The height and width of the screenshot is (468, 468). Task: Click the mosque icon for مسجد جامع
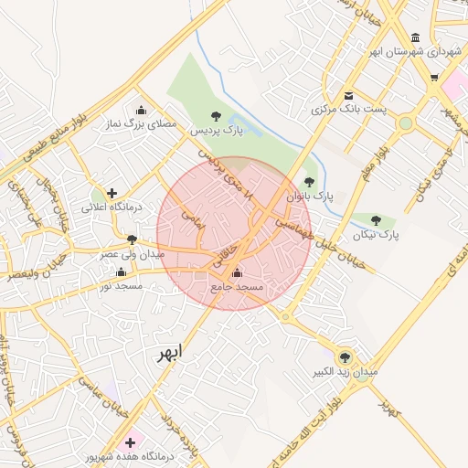tap(238, 272)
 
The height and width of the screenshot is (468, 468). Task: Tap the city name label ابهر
tap(170, 353)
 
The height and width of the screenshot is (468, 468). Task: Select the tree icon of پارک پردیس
tap(216, 116)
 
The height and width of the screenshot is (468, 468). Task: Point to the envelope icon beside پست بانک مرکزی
tap(348, 95)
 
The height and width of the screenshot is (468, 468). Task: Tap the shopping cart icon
tap(434, 78)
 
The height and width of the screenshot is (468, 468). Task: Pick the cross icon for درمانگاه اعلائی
tap(112, 193)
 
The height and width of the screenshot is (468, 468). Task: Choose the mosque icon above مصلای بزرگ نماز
tap(140, 110)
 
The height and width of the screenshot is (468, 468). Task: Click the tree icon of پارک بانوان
tap(308, 182)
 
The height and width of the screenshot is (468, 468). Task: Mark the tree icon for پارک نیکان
tap(376, 220)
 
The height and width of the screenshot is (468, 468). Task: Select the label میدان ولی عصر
tap(132, 253)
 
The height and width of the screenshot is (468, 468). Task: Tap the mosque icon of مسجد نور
tap(122, 272)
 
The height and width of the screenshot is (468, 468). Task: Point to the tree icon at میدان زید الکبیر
tap(345, 357)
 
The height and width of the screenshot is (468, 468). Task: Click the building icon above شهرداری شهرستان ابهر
tap(416, 37)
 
